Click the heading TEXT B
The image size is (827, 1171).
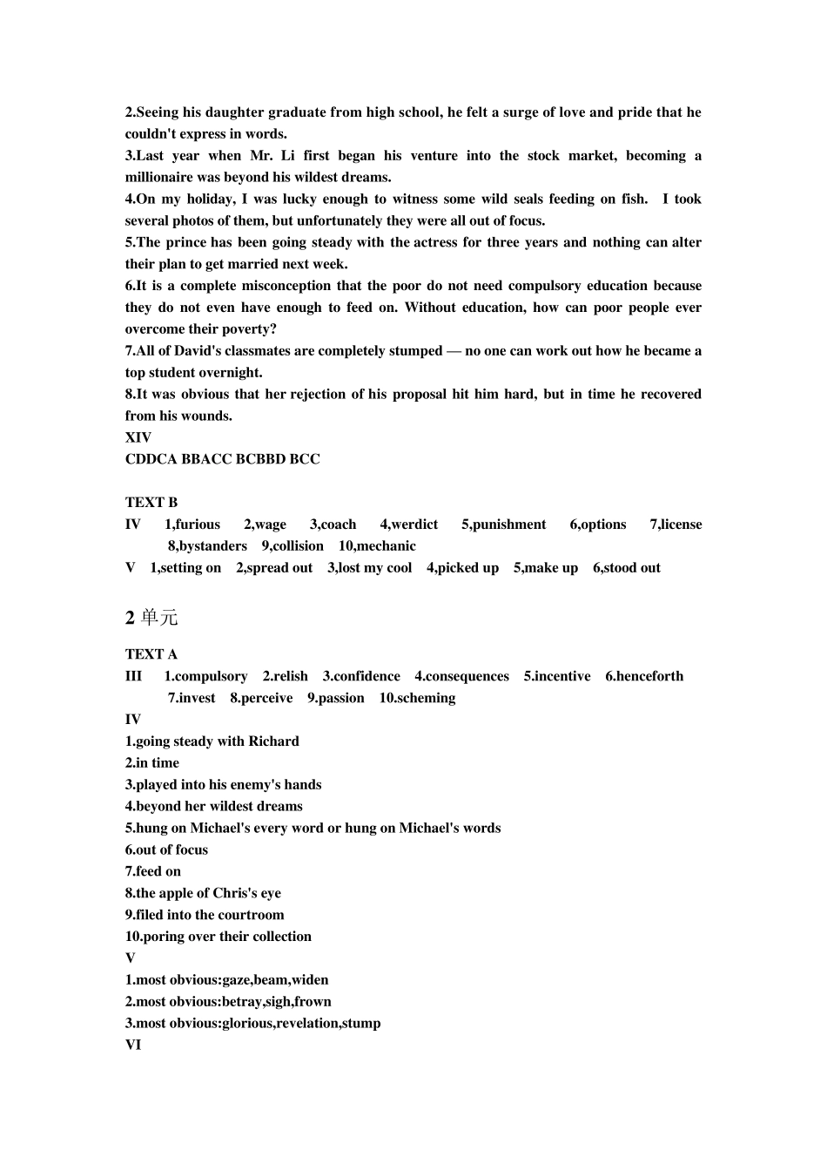(x=151, y=502)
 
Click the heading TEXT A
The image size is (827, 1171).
(x=151, y=654)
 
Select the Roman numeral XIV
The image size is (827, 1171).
(x=138, y=437)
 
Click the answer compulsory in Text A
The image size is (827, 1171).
(x=212, y=676)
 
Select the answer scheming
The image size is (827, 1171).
(x=426, y=698)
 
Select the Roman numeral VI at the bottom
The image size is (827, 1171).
(x=133, y=1045)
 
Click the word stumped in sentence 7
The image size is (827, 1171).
(x=407, y=351)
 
